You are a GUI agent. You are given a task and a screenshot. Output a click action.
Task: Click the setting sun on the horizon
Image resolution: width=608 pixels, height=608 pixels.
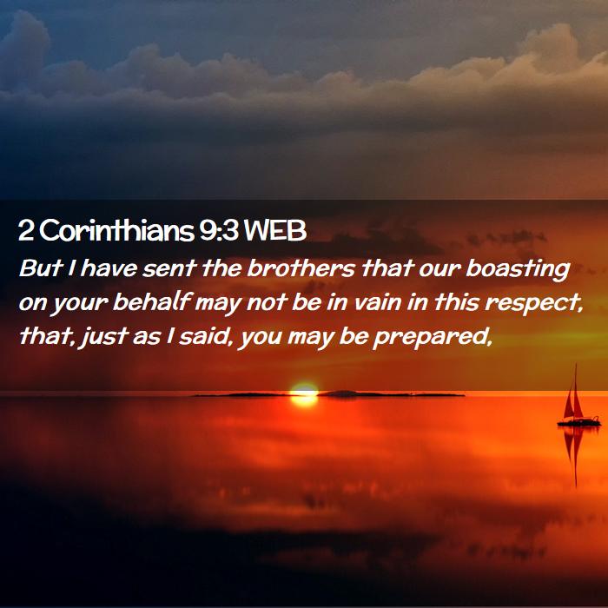304,394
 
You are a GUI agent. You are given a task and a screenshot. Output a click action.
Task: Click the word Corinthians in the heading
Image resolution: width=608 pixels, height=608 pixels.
116,230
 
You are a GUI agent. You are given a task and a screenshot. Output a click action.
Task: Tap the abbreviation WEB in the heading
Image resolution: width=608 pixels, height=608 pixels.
275,230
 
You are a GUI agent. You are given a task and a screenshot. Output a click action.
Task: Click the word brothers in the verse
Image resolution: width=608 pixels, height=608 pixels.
301,268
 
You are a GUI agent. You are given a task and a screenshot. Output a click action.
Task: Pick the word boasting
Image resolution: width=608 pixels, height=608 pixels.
518,269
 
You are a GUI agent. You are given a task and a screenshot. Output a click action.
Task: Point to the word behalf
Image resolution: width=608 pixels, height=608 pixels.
153,302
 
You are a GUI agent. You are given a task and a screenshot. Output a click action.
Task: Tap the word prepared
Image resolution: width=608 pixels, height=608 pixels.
433,337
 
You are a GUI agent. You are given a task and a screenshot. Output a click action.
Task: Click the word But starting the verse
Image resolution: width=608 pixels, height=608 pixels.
41,268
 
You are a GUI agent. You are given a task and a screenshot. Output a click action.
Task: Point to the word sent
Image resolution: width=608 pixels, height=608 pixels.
169,268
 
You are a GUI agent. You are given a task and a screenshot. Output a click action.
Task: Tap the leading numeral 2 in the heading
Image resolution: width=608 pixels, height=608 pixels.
25,231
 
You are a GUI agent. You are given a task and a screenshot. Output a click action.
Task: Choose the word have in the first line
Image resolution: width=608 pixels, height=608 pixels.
109,268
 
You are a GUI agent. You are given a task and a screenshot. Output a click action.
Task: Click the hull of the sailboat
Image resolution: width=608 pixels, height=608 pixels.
578,423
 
